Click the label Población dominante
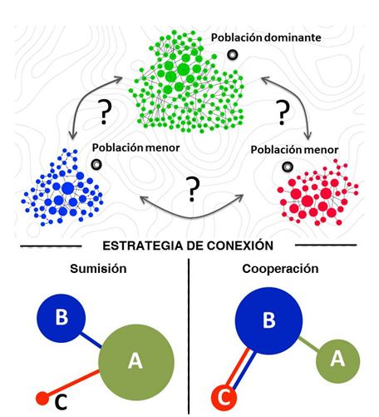(266, 37)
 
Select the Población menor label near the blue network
(135, 148)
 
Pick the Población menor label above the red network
(294, 150)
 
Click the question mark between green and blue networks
(105, 112)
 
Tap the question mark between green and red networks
(283, 112)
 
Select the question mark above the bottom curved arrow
(193, 189)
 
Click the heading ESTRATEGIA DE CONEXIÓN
(188, 246)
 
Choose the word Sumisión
(98, 269)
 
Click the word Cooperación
(280, 269)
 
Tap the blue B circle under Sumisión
(62, 318)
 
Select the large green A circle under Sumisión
(136, 362)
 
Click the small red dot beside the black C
(42, 399)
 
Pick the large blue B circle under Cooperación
(268, 320)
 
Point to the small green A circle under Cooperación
(338, 361)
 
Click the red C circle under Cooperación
(224, 398)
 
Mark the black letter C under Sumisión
(61, 403)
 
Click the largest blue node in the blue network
(68, 189)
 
